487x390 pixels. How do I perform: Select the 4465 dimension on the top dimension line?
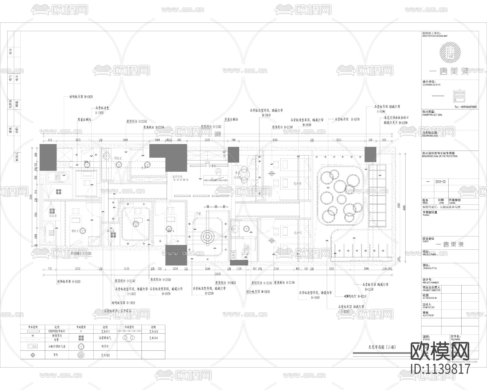pos(275,140)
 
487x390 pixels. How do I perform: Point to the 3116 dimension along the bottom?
pos(126,269)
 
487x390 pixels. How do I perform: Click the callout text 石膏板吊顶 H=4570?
pos(347,119)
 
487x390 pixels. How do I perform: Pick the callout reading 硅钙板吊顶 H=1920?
pos(81,97)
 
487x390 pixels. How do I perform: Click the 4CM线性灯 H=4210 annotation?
pos(355,296)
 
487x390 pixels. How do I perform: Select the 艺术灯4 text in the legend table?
pos(153,338)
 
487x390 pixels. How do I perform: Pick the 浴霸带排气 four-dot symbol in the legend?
pos(81,338)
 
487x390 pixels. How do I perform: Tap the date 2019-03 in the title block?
pos(440,182)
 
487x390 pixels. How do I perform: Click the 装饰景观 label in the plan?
pos(178,176)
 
